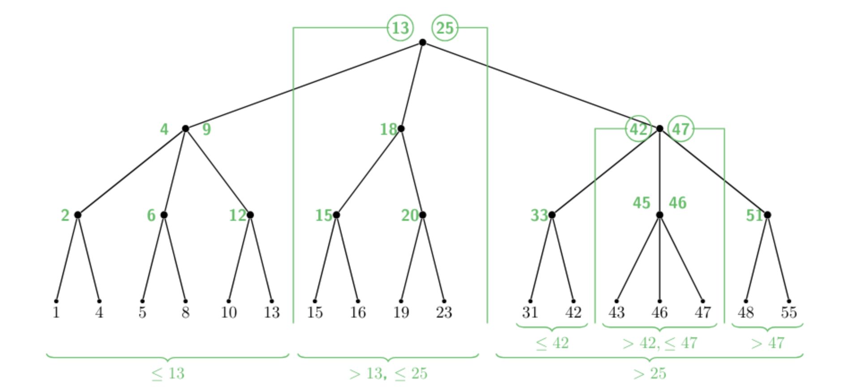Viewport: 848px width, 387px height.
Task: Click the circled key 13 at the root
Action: tap(400, 28)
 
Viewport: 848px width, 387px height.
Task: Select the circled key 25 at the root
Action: tap(445, 28)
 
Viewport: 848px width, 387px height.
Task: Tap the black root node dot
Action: tap(422, 43)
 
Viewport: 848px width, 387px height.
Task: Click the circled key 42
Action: tap(638, 129)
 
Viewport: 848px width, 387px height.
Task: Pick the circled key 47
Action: tap(681, 129)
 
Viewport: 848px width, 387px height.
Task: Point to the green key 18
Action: tap(388, 129)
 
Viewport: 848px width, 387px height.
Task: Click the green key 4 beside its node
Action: tap(164, 129)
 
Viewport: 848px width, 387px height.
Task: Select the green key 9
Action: tap(206, 129)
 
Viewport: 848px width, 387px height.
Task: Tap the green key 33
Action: tap(539, 215)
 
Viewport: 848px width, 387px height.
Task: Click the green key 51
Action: tap(754, 215)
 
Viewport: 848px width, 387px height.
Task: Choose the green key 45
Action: tap(641, 203)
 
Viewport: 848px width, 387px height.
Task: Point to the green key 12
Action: tap(237, 215)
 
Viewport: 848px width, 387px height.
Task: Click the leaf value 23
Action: tap(444, 312)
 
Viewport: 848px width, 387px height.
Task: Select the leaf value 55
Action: tap(788, 312)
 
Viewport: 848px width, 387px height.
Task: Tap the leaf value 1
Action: tap(56, 312)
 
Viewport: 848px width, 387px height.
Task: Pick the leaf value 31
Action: tap(530, 312)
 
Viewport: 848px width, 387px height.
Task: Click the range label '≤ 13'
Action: tap(168, 373)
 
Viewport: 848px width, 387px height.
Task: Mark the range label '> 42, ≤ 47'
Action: tap(660, 343)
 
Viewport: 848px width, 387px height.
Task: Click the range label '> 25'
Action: tap(650, 373)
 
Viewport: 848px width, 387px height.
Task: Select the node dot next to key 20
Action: tap(422, 215)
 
